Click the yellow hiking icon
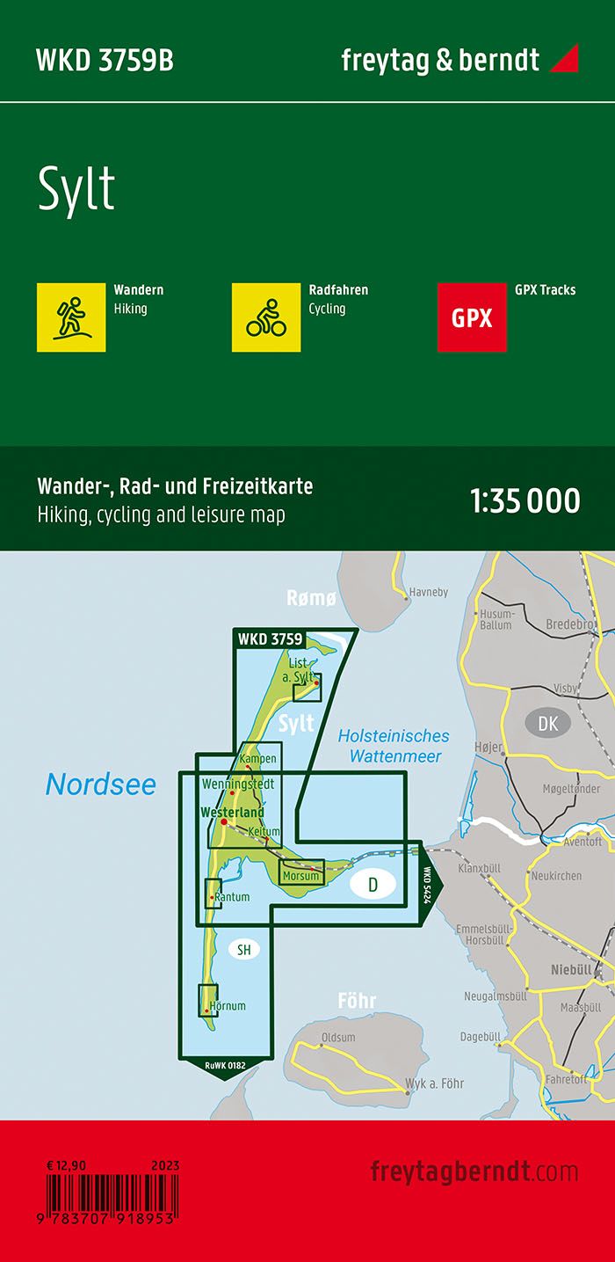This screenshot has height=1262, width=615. coord(71,317)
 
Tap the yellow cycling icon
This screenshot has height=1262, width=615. coord(266,317)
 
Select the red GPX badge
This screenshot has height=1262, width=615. coord(472,317)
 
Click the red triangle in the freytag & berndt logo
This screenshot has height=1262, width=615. coord(564,59)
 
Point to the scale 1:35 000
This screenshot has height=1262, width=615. coord(525,500)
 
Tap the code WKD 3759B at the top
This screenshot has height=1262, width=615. coord(105,61)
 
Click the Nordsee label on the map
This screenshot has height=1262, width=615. coord(100,784)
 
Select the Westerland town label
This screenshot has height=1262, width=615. coord(232,812)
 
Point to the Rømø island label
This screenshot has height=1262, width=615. coord(311,599)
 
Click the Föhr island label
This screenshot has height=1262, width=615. coord(357,1001)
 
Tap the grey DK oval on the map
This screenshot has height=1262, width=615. coord(547,723)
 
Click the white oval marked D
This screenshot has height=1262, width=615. coord(373,885)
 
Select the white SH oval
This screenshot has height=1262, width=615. coord(243,949)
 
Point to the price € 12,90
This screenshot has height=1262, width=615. coord(69,1165)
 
